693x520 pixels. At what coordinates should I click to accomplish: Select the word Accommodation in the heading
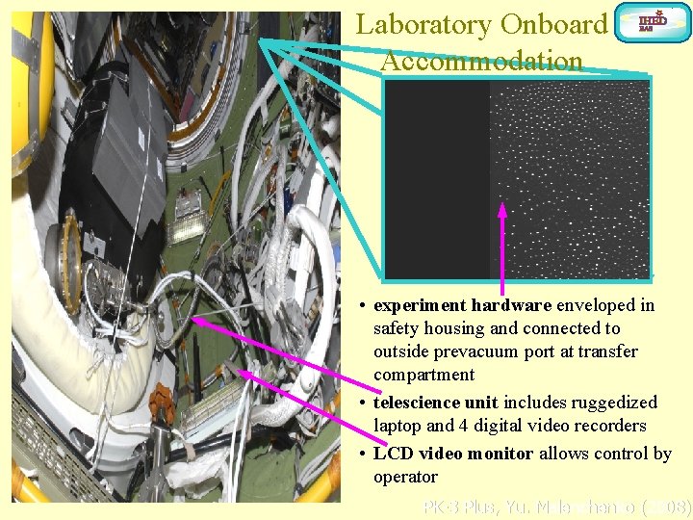click(x=481, y=61)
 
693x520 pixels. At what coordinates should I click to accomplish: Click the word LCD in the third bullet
click(x=393, y=454)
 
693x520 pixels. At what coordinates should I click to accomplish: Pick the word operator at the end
click(x=405, y=477)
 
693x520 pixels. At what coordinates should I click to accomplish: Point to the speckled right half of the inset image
click(x=570, y=178)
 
